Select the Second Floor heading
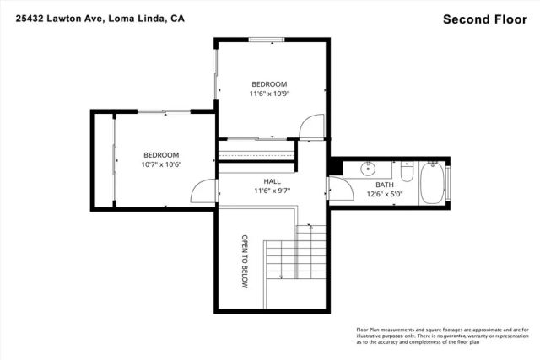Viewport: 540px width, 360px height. pyautogui.click(x=486, y=19)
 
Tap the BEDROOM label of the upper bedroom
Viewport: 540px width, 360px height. pyautogui.click(x=269, y=84)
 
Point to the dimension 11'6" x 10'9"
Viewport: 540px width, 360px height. pyautogui.click(x=269, y=94)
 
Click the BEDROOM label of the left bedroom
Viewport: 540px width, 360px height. pyautogui.click(x=161, y=155)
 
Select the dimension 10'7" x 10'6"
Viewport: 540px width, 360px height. pyautogui.click(x=161, y=165)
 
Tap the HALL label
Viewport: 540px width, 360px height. pyautogui.click(x=272, y=181)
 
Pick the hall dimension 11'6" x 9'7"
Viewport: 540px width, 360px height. pyautogui.click(x=272, y=191)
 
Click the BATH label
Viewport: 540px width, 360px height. pyautogui.click(x=384, y=185)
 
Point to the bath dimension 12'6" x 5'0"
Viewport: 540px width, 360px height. pyautogui.click(x=384, y=195)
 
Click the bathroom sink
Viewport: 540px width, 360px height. pyautogui.click(x=369, y=169)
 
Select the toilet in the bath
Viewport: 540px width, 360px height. pyautogui.click(x=407, y=172)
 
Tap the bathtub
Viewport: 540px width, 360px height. pyautogui.click(x=433, y=181)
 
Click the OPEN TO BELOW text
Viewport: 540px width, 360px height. pyautogui.click(x=246, y=262)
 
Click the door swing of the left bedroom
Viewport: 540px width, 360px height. pyautogui.click(x=203, y=191)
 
